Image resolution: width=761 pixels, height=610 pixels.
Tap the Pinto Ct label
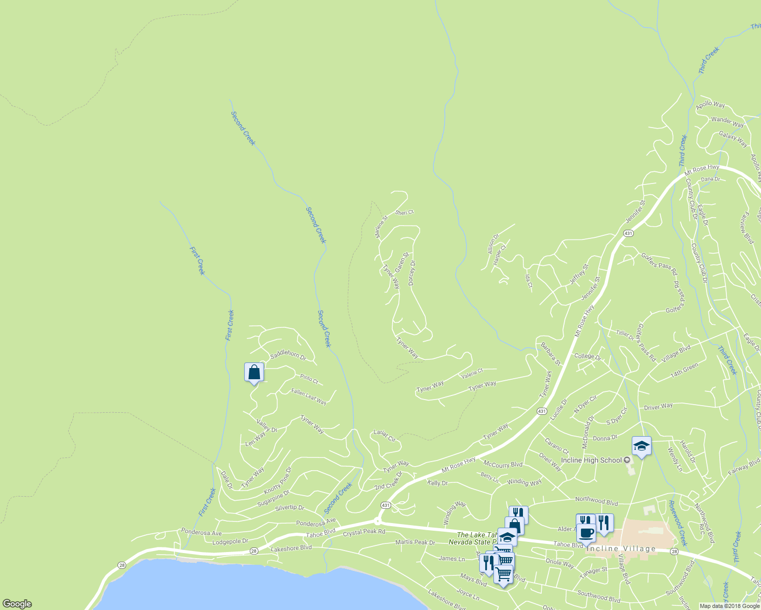(309, 379)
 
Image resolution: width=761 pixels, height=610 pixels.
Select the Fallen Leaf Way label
(309, 396)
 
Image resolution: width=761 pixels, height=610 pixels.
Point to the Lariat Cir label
(385, 436)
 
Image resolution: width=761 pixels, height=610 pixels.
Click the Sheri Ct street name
(405, 212)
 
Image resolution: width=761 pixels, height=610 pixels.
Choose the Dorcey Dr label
(412, 272)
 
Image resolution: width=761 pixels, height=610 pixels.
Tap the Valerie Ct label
(472, 374)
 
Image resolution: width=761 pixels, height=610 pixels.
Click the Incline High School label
(592, 460)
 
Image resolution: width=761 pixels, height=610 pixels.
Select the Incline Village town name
(621, 548)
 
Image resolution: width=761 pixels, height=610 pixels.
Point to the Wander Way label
(727, 122)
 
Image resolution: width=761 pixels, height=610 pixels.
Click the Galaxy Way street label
(733, 138)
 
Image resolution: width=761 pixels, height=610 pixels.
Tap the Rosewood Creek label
(678, 523)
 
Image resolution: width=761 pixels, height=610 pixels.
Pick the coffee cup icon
(586, 533)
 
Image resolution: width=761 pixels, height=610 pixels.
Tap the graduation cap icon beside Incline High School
(641, 446)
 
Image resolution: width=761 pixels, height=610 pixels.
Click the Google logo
(17, 604)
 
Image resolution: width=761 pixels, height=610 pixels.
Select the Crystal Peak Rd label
(364, 533)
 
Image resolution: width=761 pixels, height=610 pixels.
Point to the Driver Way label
(658, 407)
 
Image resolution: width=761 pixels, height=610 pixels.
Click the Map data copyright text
(729, 606)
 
